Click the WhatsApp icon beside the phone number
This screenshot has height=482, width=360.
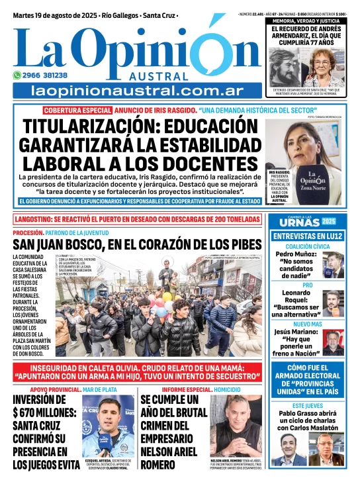tap(17, 75)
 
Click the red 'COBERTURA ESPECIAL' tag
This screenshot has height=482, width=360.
tap(77, 110)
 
